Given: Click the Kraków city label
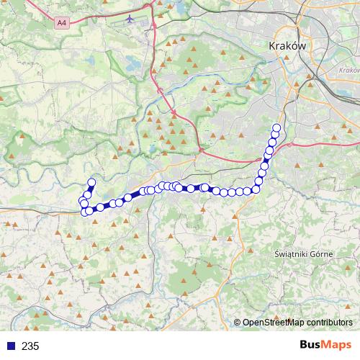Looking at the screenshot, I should [x=287, y=44].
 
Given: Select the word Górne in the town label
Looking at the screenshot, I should [x=322, y=253].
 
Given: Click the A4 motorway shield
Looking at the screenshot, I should [x=61, y=23].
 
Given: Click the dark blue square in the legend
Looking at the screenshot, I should [x=9, y=346].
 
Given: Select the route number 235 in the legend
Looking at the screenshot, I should [x=30, y=346].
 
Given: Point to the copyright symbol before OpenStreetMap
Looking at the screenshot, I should [x=238, y=323].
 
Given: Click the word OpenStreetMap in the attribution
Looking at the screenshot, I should [x=273, y=323].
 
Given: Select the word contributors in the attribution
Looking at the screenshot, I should [x=329, y=323].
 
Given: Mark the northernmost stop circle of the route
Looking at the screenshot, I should [x=276, y=128].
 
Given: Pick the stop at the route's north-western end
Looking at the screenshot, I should [x=91, y=183].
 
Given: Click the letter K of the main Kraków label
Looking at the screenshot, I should [x=271, y=44].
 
